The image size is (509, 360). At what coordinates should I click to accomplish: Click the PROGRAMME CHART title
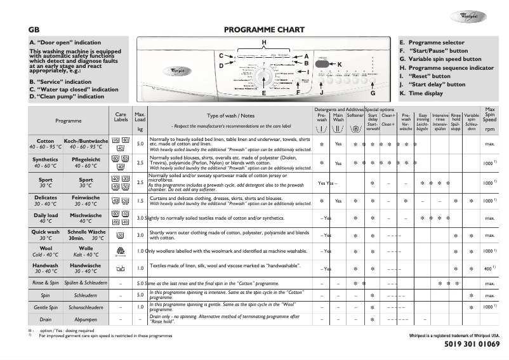click(x=264, y=30)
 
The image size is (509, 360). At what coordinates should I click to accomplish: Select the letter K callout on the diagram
click(x=340, y=65)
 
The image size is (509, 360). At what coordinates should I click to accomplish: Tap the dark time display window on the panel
click(x=322, y=65)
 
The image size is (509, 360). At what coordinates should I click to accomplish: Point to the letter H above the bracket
click(x=264, y=42)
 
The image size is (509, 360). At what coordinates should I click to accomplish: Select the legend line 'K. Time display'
click(x=421, y=93)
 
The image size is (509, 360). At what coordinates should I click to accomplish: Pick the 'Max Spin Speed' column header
click(x=489, y=118)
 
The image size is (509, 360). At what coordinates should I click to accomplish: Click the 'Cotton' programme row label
click(x=46, y=141)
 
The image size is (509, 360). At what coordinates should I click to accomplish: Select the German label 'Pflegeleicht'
click(x=85, y=159)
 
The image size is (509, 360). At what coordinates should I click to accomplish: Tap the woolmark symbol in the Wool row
click(x=121, y=251)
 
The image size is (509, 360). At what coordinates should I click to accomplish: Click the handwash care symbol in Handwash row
click(x=121, y=268)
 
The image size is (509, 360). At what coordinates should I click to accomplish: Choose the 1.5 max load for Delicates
click(x=140, y=200)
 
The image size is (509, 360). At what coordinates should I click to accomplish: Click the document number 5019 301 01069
click(x=468, y=344)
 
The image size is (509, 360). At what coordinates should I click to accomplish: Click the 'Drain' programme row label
click(x=46, y=319)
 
